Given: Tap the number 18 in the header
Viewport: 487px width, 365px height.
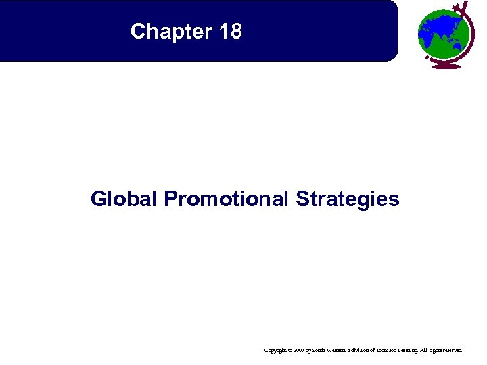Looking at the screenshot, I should pos(230,31).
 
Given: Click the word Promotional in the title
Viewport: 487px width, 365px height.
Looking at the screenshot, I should pos(226,199).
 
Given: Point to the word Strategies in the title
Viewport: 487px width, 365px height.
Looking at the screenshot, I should pos(347,199).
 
